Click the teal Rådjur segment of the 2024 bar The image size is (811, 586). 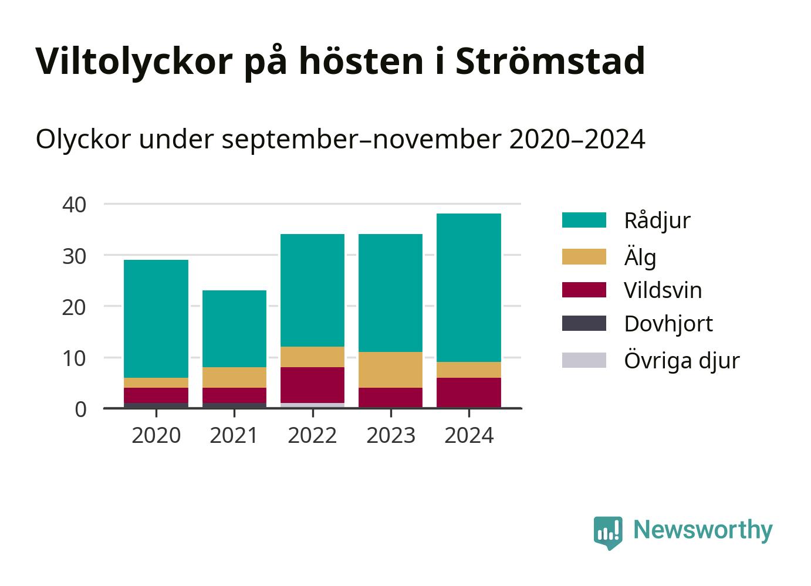click(x=469, y=288)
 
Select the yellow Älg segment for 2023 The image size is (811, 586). click(x=390, y=370)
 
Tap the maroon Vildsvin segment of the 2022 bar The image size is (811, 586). click(x=312, y=385)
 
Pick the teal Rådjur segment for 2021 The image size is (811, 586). click(x=234, y=328)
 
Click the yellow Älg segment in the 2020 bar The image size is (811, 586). click(x=156, y=382)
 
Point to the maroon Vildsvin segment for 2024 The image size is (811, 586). click(x=469, y=392)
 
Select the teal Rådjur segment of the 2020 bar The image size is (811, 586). click(x=156, y=319)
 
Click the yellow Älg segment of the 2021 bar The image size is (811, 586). click(x=234, y=378)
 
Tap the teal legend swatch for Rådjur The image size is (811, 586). click(x=584, y=220)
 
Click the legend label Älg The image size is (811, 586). click(x=640, y=256)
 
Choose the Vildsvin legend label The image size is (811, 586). click(x=663, y=290)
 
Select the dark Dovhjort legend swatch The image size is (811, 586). click(x=584, y=323)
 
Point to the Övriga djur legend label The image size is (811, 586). click(x=682, y=360)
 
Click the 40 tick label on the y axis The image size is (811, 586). click(x=74, y=205)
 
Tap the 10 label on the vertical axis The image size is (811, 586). click(x=74, y=358)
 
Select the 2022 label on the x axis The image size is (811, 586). click(x=312, y=435)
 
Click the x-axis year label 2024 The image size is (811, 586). click(x=469, y=435)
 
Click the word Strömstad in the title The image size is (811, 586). click(x=550, y=60)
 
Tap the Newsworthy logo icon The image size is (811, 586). click(x=608, y=533)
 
